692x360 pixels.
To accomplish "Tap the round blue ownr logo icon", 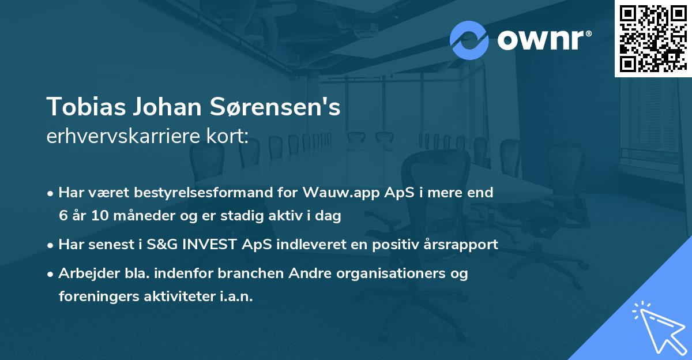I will pyautogui.click(x=469, y=40).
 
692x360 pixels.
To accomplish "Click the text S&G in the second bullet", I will pyautogui.click(x=160, y=244).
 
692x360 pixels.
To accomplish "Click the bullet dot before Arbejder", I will pyautogui.click(x=52, y=273).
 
